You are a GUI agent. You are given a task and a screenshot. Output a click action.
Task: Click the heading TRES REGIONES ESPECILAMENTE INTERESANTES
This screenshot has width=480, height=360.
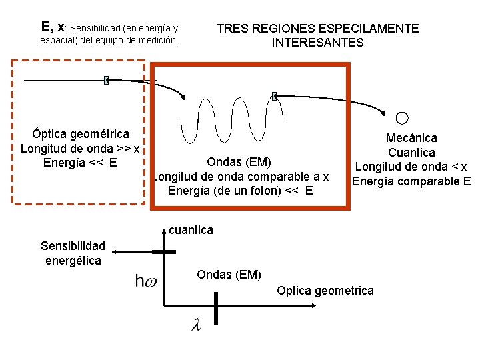pos(318,35)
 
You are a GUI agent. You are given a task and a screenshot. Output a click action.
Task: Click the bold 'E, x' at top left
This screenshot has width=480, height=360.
pos(53,27)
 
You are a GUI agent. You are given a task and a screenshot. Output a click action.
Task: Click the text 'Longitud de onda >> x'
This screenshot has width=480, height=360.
pos(80,148)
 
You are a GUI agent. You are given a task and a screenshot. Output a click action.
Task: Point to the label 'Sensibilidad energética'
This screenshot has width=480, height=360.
pos(73,253)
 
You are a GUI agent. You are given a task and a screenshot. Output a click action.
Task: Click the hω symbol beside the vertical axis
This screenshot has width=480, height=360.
pos(147,281)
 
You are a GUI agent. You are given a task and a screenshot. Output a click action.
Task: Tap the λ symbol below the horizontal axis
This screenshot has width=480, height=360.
pos(195,325)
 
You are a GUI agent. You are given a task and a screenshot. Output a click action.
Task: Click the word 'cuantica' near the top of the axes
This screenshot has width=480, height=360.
pos(191,230)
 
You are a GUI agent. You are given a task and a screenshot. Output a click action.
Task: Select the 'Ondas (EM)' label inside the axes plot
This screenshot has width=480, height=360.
pos(229,275)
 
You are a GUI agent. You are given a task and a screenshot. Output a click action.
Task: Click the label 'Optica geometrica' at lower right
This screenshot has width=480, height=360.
pos(325,291)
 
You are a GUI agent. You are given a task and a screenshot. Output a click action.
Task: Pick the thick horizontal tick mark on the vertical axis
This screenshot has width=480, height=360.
pos(164,252)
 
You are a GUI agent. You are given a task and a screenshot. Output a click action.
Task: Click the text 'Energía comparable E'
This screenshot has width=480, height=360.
pos(411,181)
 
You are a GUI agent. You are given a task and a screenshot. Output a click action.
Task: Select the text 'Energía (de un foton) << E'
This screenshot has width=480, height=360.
pos(241,191)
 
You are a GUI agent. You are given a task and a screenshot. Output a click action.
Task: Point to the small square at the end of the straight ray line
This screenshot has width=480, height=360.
pos(106,81)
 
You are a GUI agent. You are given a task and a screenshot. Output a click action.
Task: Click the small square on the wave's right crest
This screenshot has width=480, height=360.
pos(274,96)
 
